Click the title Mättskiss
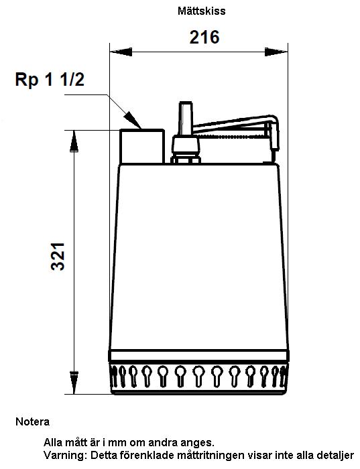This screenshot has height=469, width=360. (201, 11)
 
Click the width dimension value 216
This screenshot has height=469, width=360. (204, 38)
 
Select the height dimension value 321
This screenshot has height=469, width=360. (58, 257)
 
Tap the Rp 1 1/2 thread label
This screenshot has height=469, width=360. (50, 80)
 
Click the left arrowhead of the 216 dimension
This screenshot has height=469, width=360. (121, 52)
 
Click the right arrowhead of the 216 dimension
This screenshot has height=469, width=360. (276, 52)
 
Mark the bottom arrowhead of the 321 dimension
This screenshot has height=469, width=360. (74, 383)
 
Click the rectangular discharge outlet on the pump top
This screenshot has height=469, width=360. (142, 146)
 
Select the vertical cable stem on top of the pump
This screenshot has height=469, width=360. (185, 119)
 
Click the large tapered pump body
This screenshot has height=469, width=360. (199, 257)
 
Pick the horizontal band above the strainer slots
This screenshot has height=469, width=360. (198, 356)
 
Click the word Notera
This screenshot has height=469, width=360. (33, 421)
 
